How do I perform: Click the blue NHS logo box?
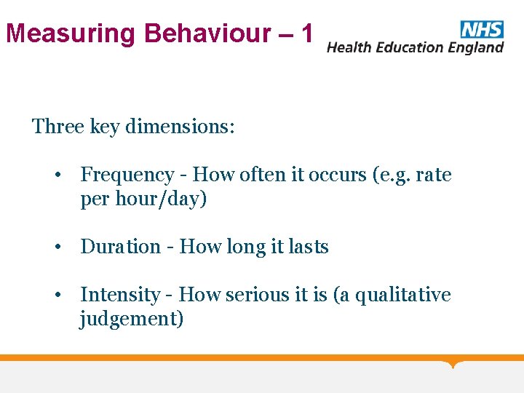pyautogui.click(x=481, y=29)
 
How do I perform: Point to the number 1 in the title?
pyautogui.click(x=306, y=33)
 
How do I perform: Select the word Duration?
pyautogui.click(x=120, y=247)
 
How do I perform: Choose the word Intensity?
pyautogui.click(x=120, y=295)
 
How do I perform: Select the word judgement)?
pyautogui.click(x=132, y=319)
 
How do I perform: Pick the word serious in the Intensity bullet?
pyautogui.click(x=255, y=295)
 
